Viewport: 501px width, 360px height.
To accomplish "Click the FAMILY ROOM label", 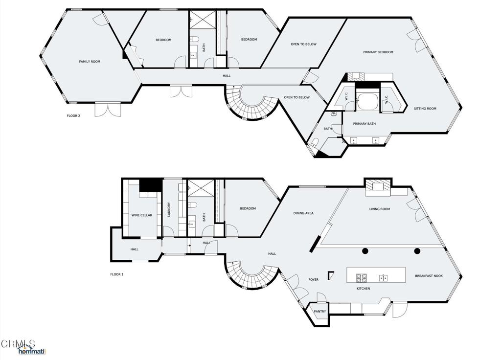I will [x=90, y=62].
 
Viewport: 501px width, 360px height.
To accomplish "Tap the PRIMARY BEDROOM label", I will [x=378, y=52].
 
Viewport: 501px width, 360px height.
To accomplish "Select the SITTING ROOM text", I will [x=425, y=109].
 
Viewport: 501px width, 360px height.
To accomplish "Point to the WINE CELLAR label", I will [x=141, y=215].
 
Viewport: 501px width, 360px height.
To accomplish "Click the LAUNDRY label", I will [x=169, y=210].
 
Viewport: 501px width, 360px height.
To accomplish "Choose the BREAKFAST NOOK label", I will [x=429, y=276].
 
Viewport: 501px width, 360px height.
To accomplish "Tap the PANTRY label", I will [x=320, y=312].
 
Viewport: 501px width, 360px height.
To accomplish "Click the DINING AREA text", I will [x=303, y=213].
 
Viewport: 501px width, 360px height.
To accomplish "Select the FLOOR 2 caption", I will [x=73, y=116].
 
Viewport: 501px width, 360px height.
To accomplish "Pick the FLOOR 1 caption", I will [x=116, y=274].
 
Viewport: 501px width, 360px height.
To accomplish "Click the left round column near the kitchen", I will [x=365, y=251].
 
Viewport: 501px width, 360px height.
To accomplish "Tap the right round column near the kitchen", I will [x=417, y=251].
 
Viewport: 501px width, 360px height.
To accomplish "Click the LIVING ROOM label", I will [x=379, y=209].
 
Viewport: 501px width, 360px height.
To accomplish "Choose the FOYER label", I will [x=313, y=280].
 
